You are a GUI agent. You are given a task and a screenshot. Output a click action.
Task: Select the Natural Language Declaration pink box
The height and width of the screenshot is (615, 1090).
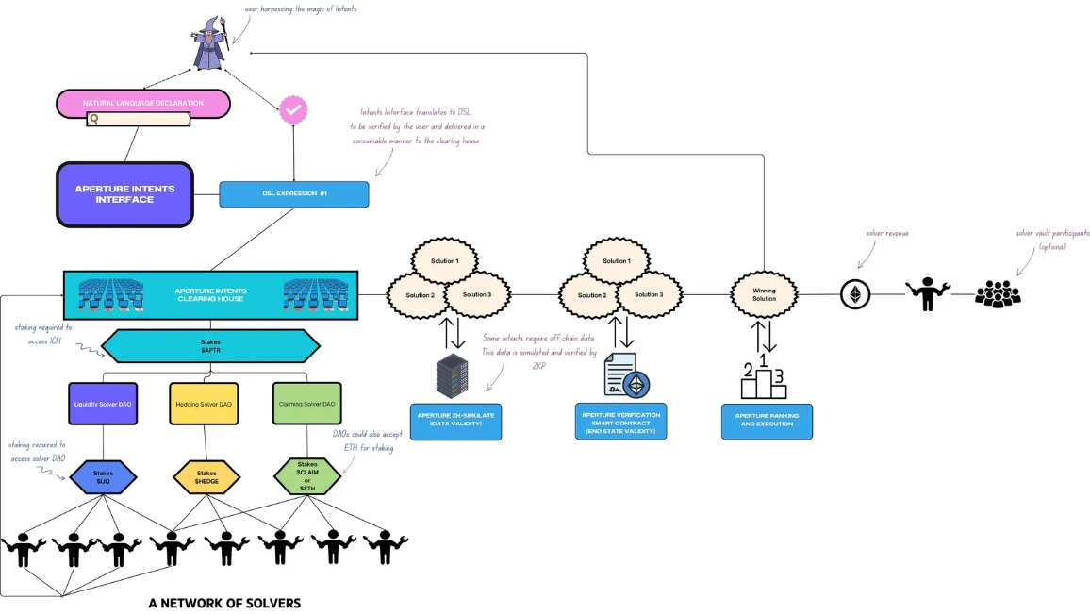pos(143,103)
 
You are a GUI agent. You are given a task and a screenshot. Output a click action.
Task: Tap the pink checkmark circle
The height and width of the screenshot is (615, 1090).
pos(293,110)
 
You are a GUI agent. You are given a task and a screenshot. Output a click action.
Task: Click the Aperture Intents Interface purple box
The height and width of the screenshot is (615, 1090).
pos(124,194)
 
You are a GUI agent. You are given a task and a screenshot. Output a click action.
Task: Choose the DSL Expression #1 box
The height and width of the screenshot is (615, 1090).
pos(293,194)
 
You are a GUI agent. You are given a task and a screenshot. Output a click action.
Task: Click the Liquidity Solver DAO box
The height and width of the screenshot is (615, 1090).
pos(104,404)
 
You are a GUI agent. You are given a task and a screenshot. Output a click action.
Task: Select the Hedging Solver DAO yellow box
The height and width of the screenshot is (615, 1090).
pos(205,404)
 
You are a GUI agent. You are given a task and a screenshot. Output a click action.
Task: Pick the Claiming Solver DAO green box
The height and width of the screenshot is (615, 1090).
pos(307,404)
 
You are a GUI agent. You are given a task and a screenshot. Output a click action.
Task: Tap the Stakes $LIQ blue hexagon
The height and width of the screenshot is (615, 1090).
pos(104,476)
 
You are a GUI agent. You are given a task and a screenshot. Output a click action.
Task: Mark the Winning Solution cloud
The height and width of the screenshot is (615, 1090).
pos(764,294)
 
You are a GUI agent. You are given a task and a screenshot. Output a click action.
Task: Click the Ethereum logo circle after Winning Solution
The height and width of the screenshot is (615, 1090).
pos(856,296)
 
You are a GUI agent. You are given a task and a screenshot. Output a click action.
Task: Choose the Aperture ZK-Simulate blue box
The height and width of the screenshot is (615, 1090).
pos(455,420)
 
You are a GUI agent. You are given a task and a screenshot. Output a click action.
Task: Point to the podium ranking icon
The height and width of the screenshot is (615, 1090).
pos(764,375)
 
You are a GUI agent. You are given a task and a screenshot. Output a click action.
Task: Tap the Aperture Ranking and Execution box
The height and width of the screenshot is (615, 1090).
pos(767,420)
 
